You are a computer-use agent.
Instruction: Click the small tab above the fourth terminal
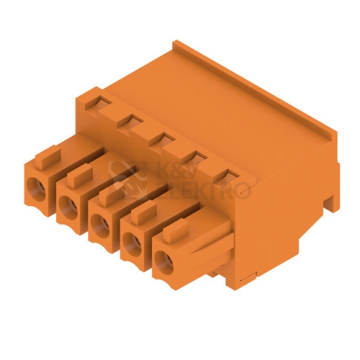[144, 211]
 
